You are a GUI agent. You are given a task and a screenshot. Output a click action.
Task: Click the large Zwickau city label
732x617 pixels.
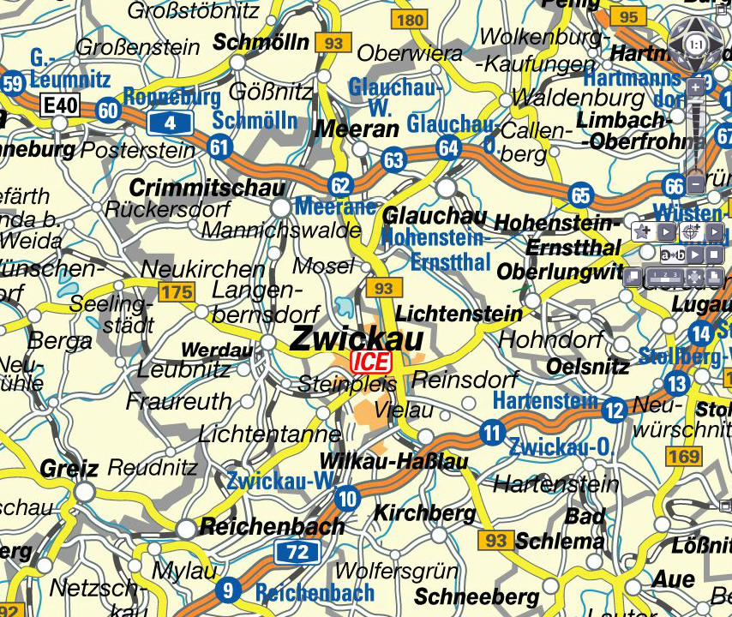(x=357, y=338)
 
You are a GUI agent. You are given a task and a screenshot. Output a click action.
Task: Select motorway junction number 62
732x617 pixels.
(x=340, y=184)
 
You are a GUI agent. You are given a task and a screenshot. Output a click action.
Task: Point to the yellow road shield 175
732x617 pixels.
(x=177, y=293)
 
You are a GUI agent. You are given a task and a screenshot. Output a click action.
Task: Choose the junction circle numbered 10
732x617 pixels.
(x=347, y=498)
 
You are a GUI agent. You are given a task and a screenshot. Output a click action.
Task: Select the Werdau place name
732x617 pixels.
(x=217, y=350)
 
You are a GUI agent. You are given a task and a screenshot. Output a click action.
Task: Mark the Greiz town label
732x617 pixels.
(x=69, y=469)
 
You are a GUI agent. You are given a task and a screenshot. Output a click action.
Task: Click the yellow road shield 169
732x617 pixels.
(x=683, y=457)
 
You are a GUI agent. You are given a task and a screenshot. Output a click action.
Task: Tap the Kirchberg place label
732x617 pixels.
(x=425, y=513)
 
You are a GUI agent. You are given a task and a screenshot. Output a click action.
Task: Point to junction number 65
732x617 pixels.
(x=581, y=195)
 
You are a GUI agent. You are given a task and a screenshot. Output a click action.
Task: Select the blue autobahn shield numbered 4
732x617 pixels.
(x=170, y=123)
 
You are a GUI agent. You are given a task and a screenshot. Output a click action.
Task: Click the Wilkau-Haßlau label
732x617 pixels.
(x=393, y=462)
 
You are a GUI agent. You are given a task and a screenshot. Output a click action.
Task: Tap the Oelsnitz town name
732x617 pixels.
(x=588, y=367)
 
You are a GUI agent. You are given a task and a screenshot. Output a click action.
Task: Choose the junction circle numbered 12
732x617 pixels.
(x=614, y=410)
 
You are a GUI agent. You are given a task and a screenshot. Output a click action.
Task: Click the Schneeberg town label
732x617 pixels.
(x=477, y=596)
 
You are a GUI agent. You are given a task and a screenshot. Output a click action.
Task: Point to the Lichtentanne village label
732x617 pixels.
(x=270, y=434)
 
